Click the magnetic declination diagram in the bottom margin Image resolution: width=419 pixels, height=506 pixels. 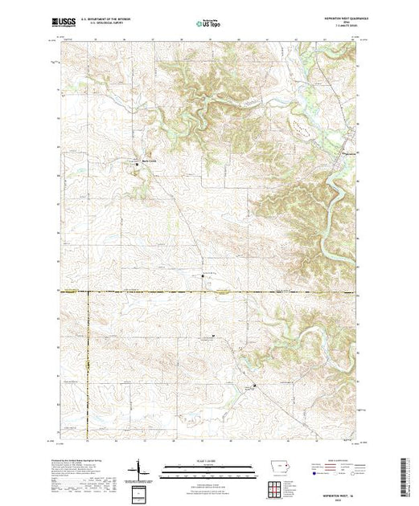click(x=142, y=467)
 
